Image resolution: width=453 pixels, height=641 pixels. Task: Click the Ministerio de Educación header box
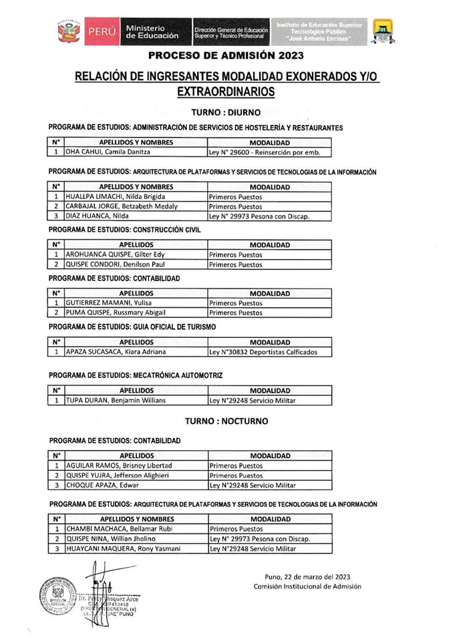(x=152, y=31)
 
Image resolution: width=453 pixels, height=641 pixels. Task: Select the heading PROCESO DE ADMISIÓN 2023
(x=226, y=55)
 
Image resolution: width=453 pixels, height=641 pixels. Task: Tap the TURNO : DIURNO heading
(x=226, y=114)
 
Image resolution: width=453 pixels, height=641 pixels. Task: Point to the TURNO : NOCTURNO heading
(x=226, y=421)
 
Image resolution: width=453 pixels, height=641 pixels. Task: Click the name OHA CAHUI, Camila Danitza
(x=106, y=152)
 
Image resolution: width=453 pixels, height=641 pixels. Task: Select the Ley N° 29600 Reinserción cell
(x=265, y=152)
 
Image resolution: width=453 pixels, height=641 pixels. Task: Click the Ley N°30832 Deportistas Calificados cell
(x=263, y=352)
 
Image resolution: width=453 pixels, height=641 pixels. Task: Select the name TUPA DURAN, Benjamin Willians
(x=115, y=401)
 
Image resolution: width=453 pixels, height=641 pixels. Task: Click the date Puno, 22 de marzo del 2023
(x=307, y=576)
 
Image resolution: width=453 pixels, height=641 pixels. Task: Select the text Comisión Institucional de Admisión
(x=307, y=586)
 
